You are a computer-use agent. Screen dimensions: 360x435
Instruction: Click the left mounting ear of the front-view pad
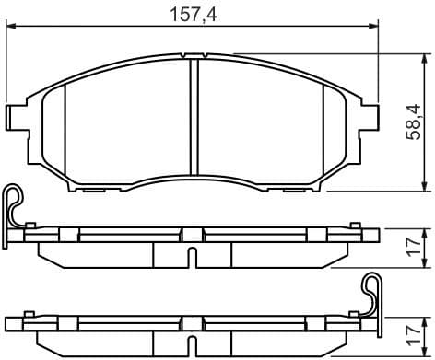click(x=16, y=116)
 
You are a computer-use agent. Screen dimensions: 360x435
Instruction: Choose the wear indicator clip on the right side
click(x=371, y=293)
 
